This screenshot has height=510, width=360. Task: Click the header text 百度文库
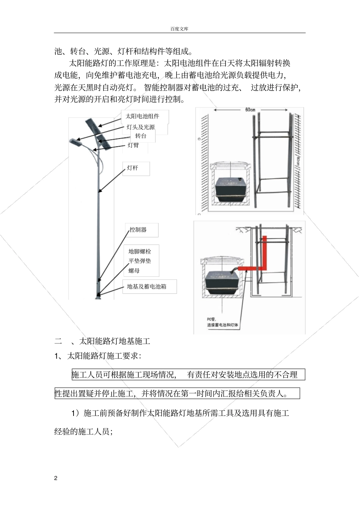[179, 29]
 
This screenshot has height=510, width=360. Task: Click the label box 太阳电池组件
[142, 116]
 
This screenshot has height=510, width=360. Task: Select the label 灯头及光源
[141, 127]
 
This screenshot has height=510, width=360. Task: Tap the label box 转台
[141, 136]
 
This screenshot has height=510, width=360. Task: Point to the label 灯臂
[133, 145]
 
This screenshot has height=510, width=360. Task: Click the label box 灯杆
[133, 168]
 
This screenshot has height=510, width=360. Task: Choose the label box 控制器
[138, 230]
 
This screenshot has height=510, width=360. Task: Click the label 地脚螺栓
[139, 251]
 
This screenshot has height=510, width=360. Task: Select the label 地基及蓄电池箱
[147, 287]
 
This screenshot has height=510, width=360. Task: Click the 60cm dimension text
[250, 110]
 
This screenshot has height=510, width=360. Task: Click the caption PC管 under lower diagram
[211, 319]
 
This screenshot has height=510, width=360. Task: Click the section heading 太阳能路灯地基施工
[114, 341]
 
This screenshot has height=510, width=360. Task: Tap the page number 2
[56, 478]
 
